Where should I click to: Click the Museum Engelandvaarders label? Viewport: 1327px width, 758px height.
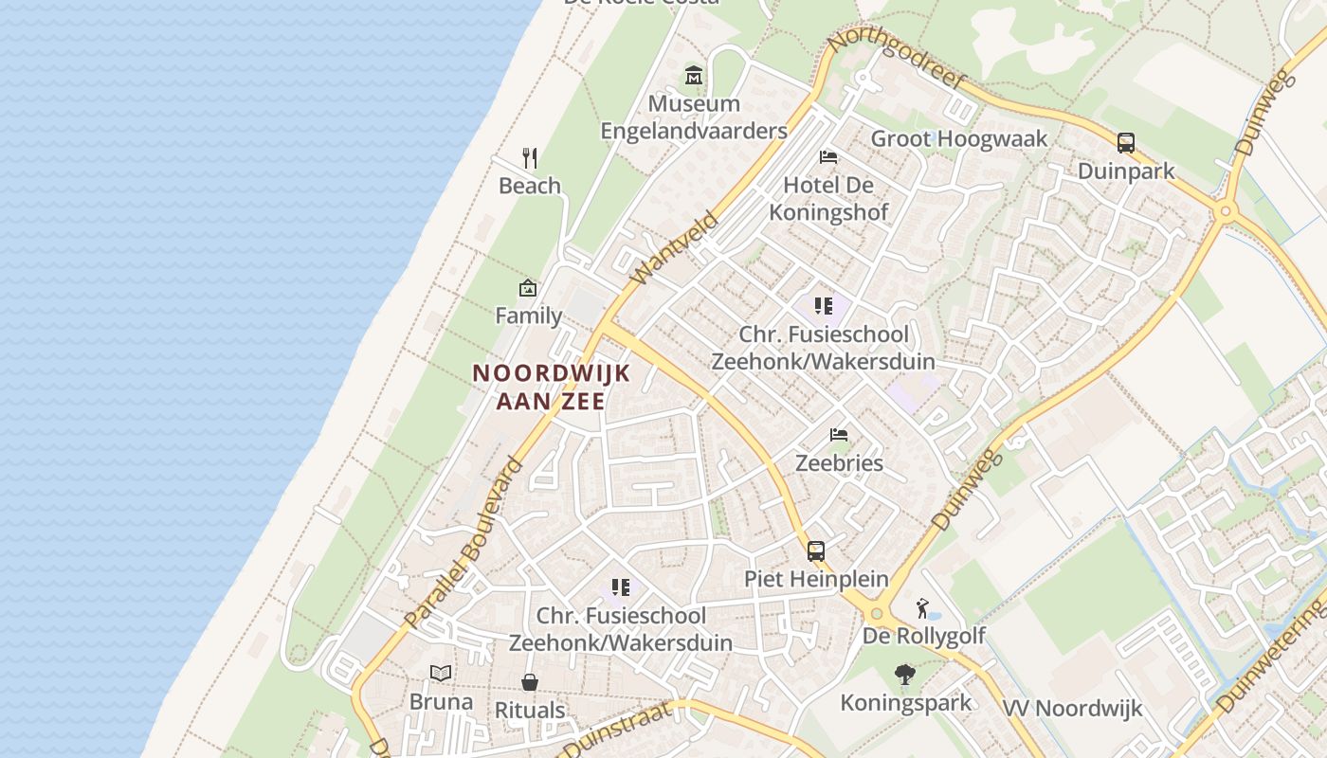(x=694, y=117)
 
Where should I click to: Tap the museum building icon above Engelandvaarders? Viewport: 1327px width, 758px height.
(x=694, y=75)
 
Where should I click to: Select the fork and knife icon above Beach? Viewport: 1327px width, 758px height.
(x=530, y=157)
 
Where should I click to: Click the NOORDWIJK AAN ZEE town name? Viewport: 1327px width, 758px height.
(x=552, y=387)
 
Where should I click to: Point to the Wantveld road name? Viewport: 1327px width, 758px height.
(x=675, y=248)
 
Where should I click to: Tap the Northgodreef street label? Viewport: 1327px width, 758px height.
(x=896, y=59)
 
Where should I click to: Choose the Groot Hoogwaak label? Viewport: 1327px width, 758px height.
(x=959, y=138)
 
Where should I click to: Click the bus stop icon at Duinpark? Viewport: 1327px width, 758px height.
(x=1126, y=143)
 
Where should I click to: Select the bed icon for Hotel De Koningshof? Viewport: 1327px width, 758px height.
(x=828, y=156)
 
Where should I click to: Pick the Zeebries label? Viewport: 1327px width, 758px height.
(x=839, y=463)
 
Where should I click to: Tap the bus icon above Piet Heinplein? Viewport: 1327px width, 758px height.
(x=816, y=551)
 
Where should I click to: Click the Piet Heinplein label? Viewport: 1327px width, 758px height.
(x=816, y=579)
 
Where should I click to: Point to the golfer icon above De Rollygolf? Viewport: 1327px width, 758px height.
(x=923, y=608)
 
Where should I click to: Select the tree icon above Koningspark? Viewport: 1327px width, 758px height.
(x=905, y=675)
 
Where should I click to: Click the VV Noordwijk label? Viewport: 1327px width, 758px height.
(x=1072, y=708)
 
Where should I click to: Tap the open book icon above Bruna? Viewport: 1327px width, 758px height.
(x=441, y=674)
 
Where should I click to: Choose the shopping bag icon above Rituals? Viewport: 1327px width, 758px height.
(x=530, y=682)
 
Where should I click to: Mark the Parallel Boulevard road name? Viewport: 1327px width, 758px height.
(x=464, y=544)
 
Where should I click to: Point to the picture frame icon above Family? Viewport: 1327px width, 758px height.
(x=528, y=288)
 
